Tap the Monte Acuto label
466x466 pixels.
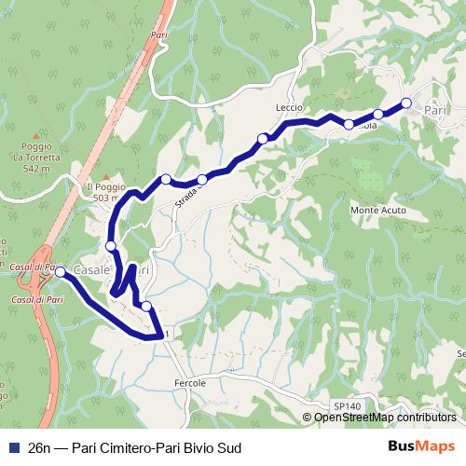click(377, 211)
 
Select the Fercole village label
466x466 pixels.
click(190, 382)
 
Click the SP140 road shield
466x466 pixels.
click(345, 405)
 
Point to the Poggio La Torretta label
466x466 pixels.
click(37, 158)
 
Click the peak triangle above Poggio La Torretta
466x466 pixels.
click(38, 136)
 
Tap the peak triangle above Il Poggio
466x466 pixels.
click(108, 176)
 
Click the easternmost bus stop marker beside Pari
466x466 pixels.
click(406, 103)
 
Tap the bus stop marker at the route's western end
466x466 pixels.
click(60, 272)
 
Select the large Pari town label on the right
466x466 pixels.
click(435, 110)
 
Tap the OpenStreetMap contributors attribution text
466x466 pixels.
click(384, 418)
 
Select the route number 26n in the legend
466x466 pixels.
click(39, 448)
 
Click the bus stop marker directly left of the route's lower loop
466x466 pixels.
click(111, 246)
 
